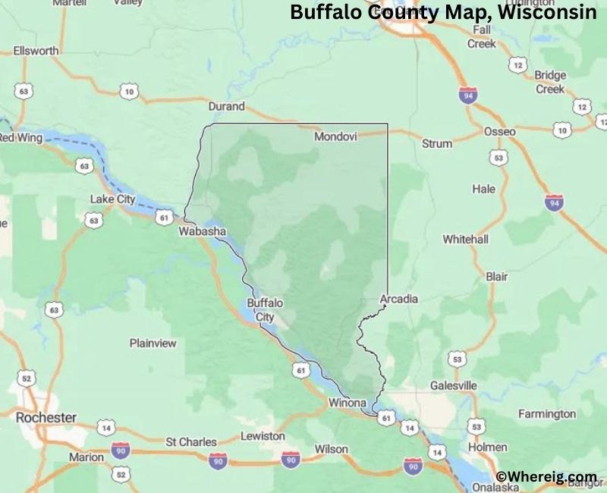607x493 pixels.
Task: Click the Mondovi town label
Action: coord(335,137)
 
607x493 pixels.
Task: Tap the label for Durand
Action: coord(226,106)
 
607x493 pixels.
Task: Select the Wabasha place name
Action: coord(202,231)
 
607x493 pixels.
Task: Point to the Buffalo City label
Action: coord(265,309)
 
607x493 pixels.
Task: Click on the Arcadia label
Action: coord(398,298)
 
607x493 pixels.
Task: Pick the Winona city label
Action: coord(348,403)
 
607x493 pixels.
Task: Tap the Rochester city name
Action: coord(46,417)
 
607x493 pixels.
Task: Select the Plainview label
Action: coord(153,343)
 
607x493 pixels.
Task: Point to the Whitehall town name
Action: coord(465,239)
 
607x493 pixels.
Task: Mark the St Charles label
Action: coord(191,441)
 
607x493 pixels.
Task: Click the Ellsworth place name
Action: coord(36,51)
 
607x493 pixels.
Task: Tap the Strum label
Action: coord(437,143)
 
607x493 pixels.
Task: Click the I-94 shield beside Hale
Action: coord(554,203)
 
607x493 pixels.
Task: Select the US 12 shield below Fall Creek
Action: coord(518,66)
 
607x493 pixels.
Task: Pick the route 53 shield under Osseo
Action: coord(498,158)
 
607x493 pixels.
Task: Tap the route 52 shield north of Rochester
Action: coord(27,378)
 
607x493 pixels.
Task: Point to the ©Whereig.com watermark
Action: coord(546,476)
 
